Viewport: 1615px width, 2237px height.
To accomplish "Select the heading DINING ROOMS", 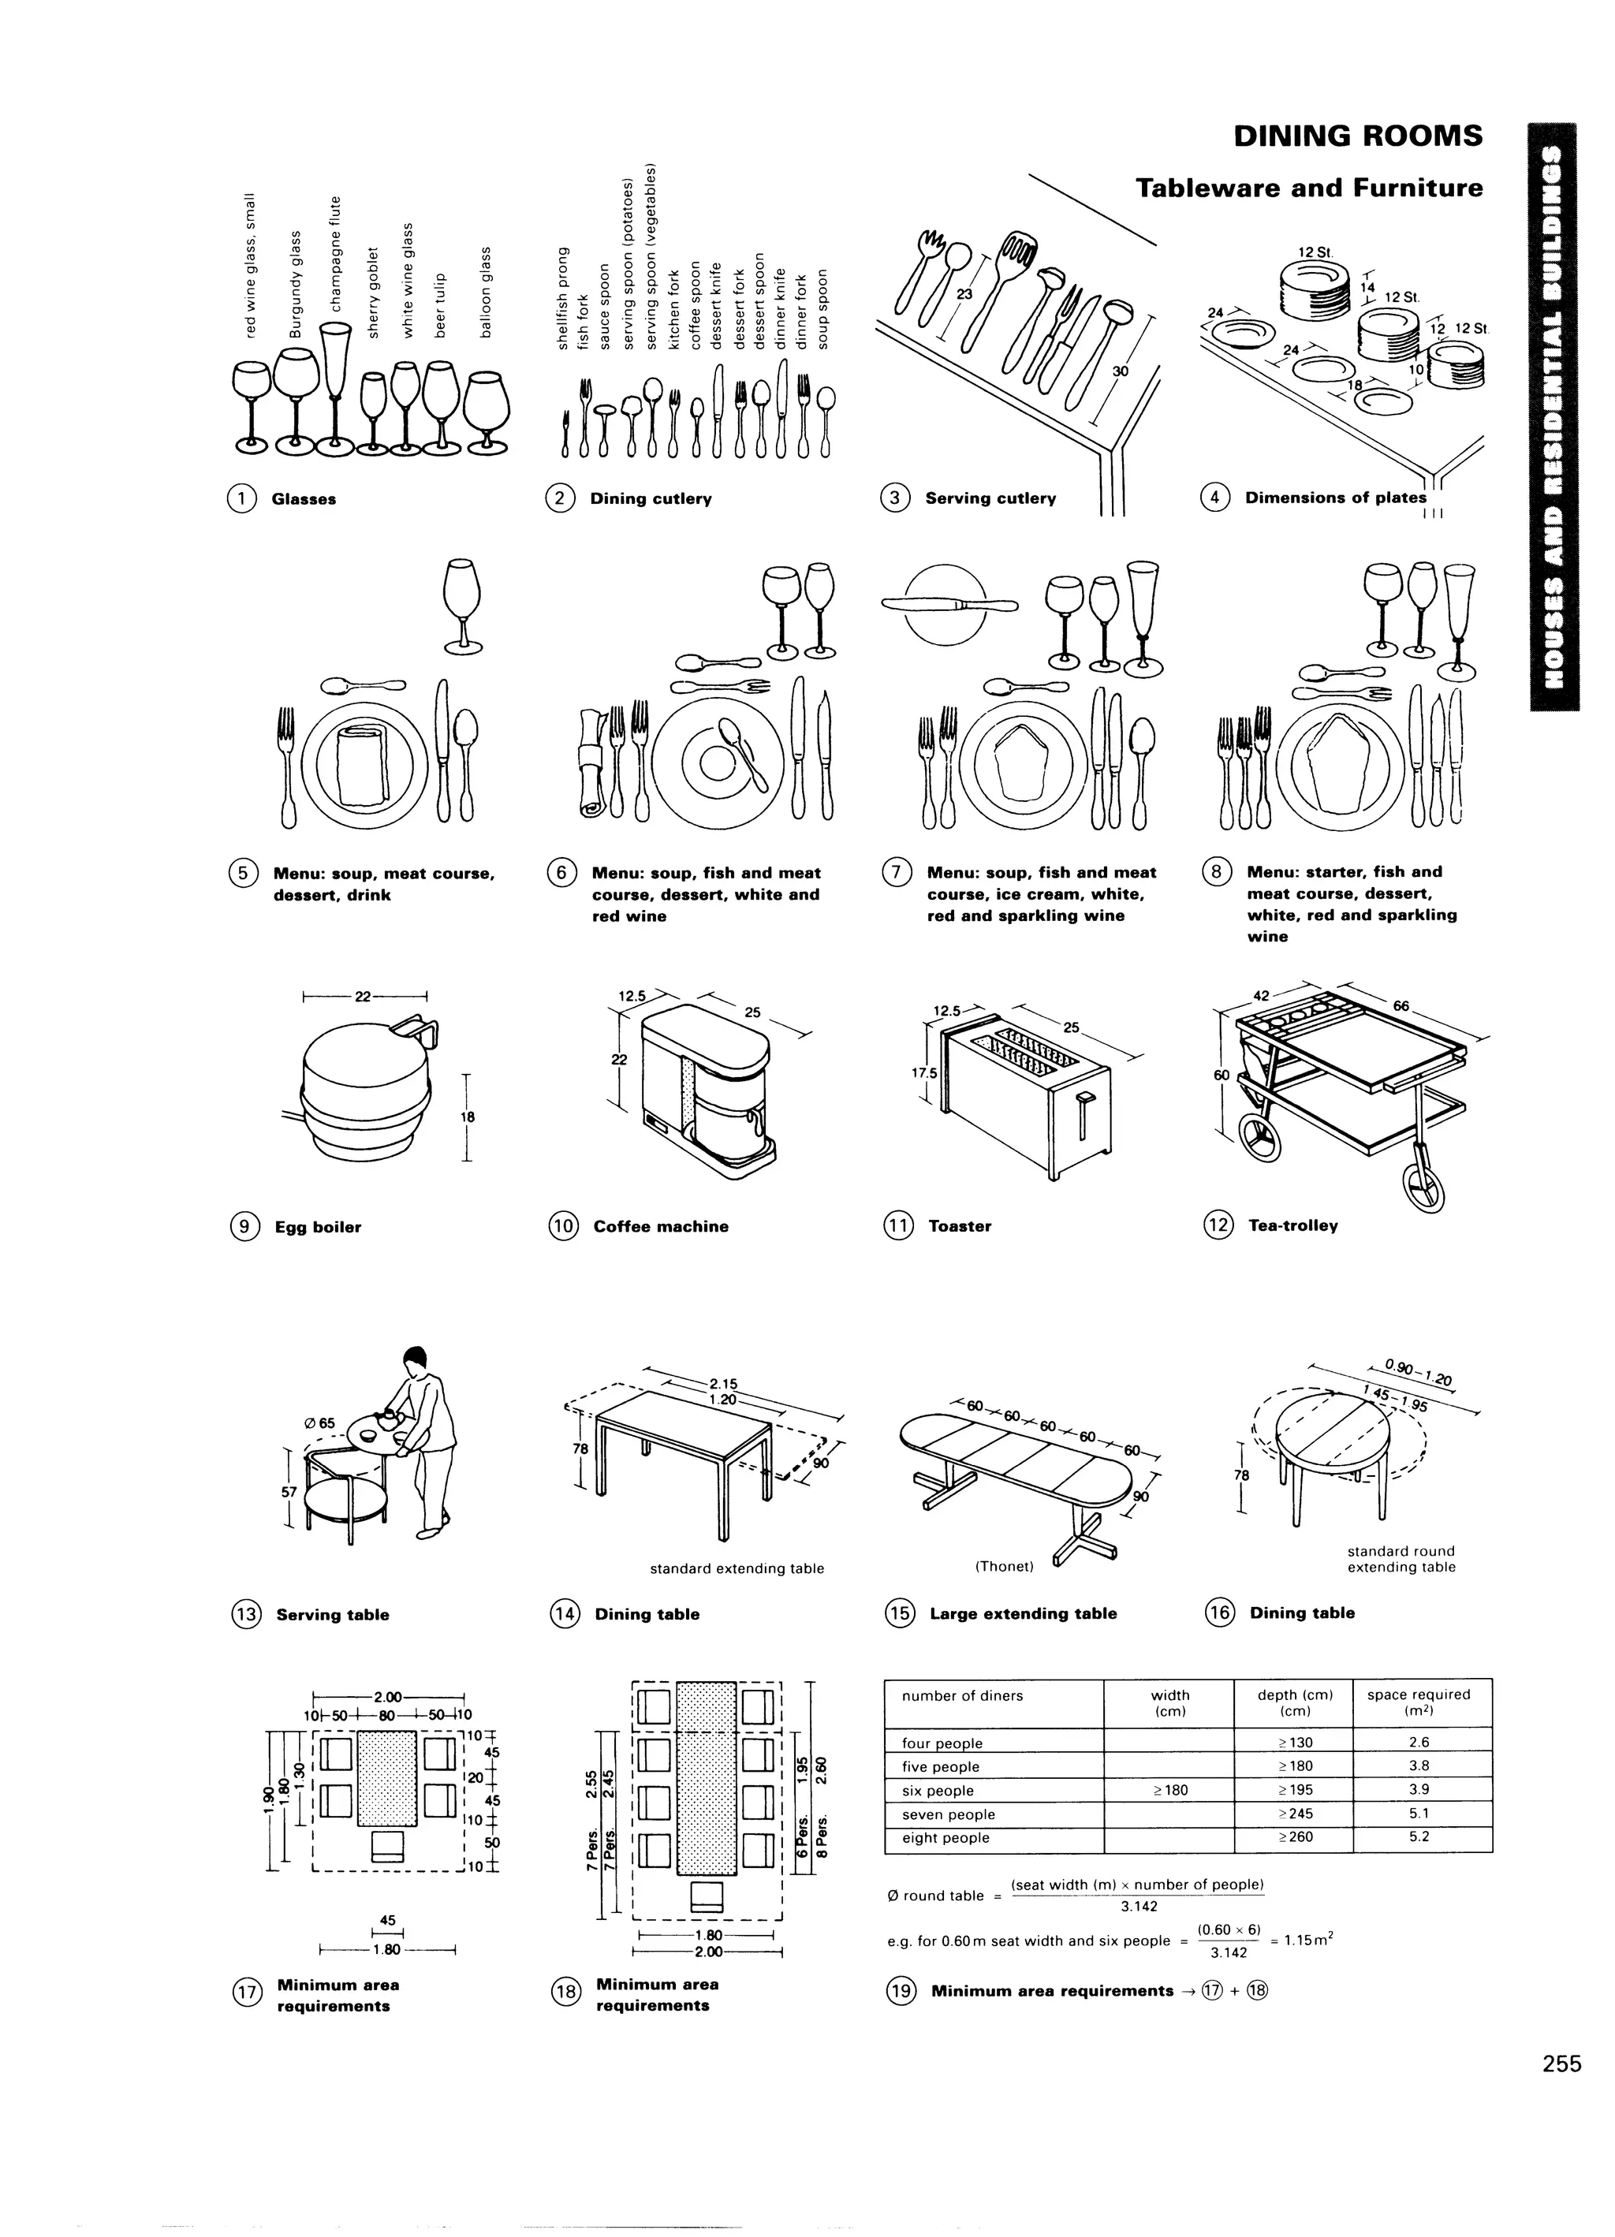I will click(1357, 136).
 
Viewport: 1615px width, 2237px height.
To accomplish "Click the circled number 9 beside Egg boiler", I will click(243, 1226).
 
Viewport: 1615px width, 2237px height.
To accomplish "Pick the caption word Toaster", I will click(959, 1226).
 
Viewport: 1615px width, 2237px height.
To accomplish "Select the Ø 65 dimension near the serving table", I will click(319, 1422).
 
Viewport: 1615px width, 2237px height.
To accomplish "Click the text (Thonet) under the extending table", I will click(1003, 1566).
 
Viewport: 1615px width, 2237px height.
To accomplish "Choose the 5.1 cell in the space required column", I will click(1419, 1813).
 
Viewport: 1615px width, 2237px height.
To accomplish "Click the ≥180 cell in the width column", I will click(1170, 1789).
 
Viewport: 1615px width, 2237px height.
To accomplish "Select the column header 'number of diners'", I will click(962, 1695).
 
